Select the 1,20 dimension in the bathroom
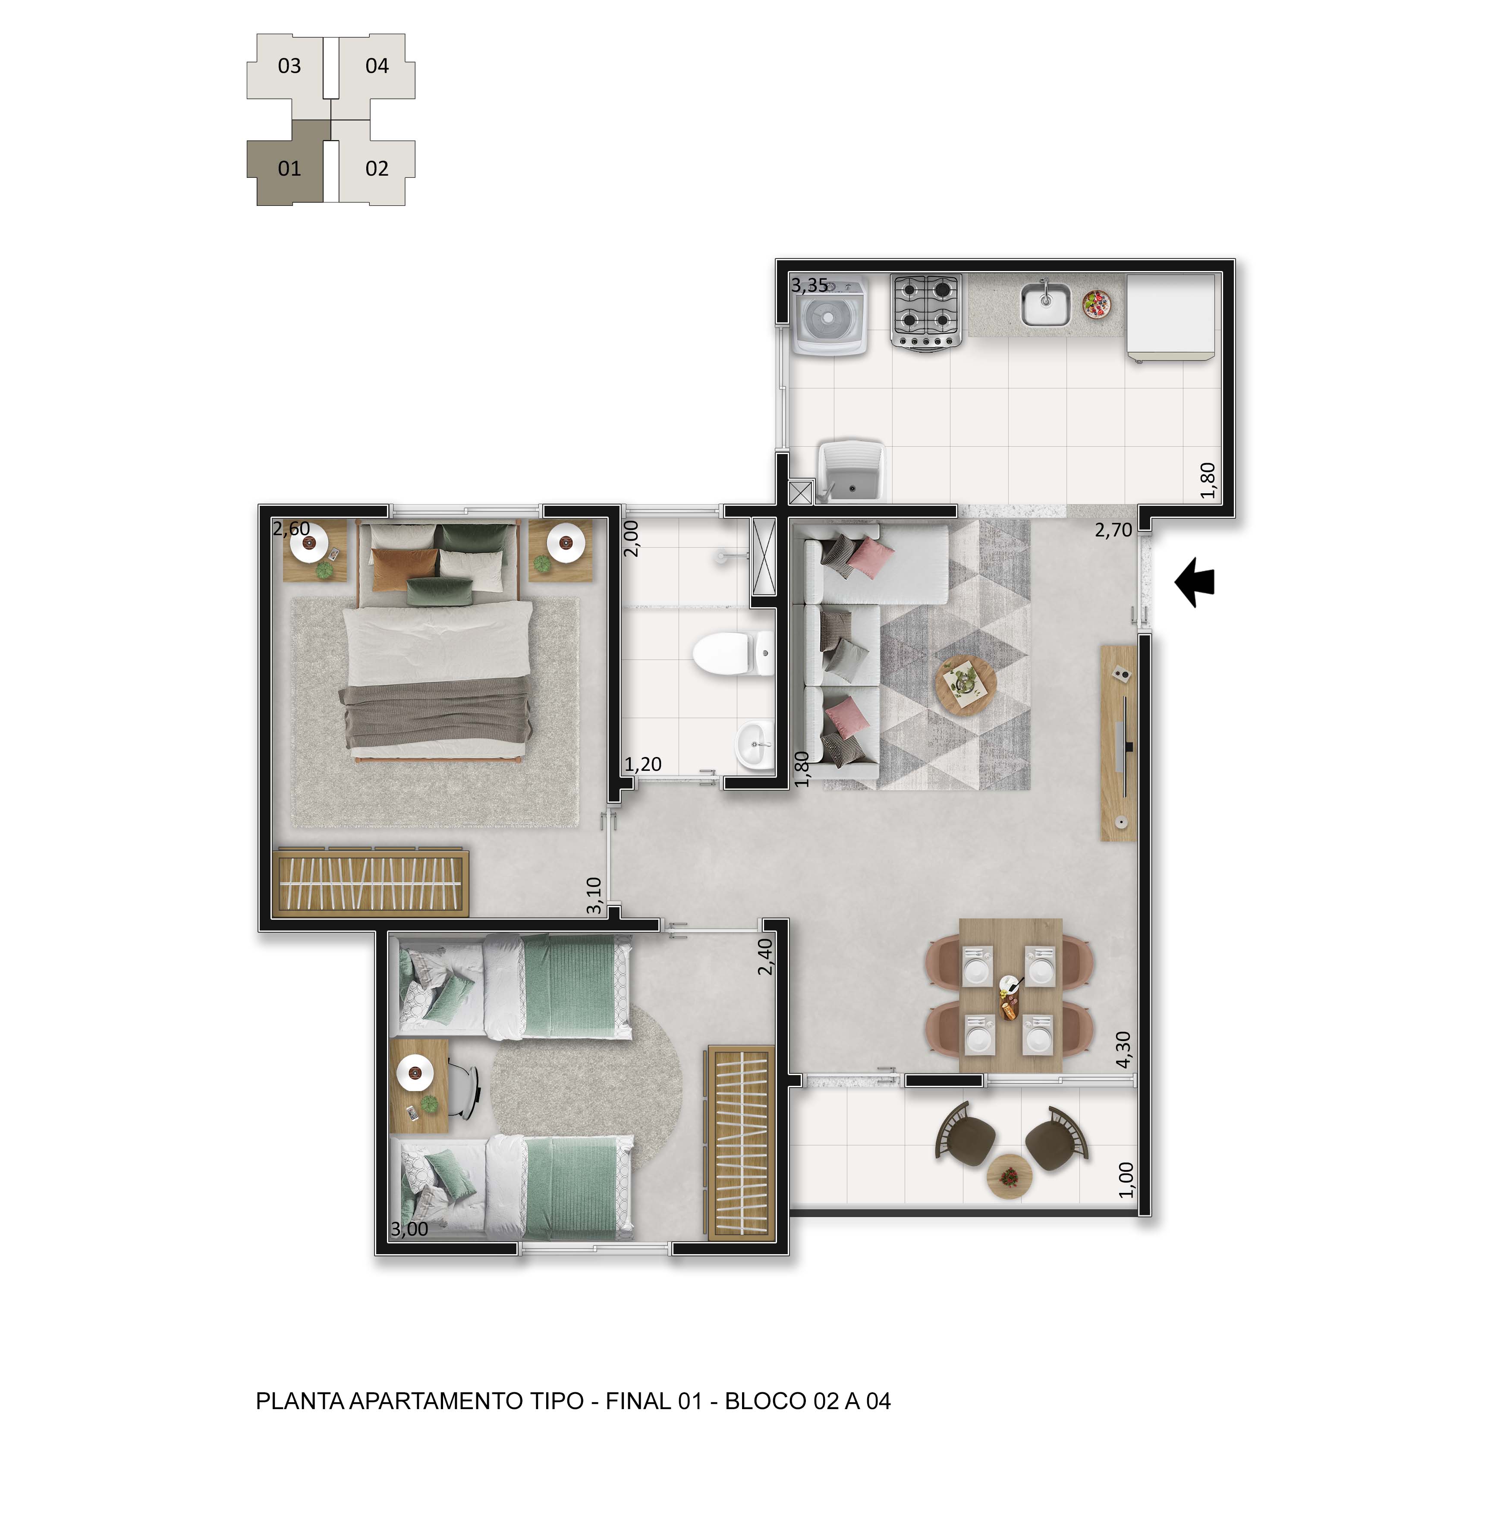(643, 764)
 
